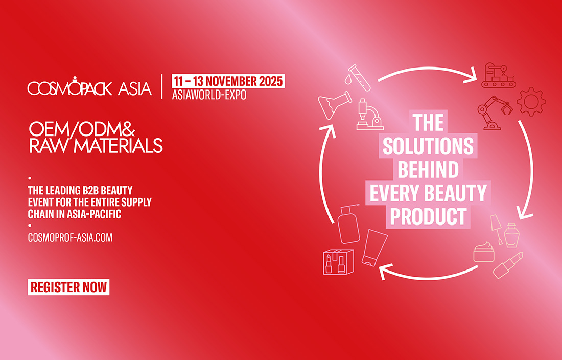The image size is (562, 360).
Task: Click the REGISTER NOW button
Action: (68, 287)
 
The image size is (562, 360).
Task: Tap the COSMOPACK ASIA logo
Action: (89, 87)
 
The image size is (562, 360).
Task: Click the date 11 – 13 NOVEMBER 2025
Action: (228, 81)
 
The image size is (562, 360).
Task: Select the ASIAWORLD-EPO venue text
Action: (209, 95)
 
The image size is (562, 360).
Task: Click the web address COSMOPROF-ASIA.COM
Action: (70, 238)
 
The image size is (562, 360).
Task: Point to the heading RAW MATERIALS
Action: (96, 146)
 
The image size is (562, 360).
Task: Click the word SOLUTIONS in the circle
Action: (428, 147)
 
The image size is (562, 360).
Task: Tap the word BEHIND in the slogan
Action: (428, 170)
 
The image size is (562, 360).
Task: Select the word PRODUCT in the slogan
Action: (428, 216)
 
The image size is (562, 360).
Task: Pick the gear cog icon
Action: (531, 101)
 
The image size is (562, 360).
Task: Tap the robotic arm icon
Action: (493, 112)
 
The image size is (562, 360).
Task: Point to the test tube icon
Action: (359, 76)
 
